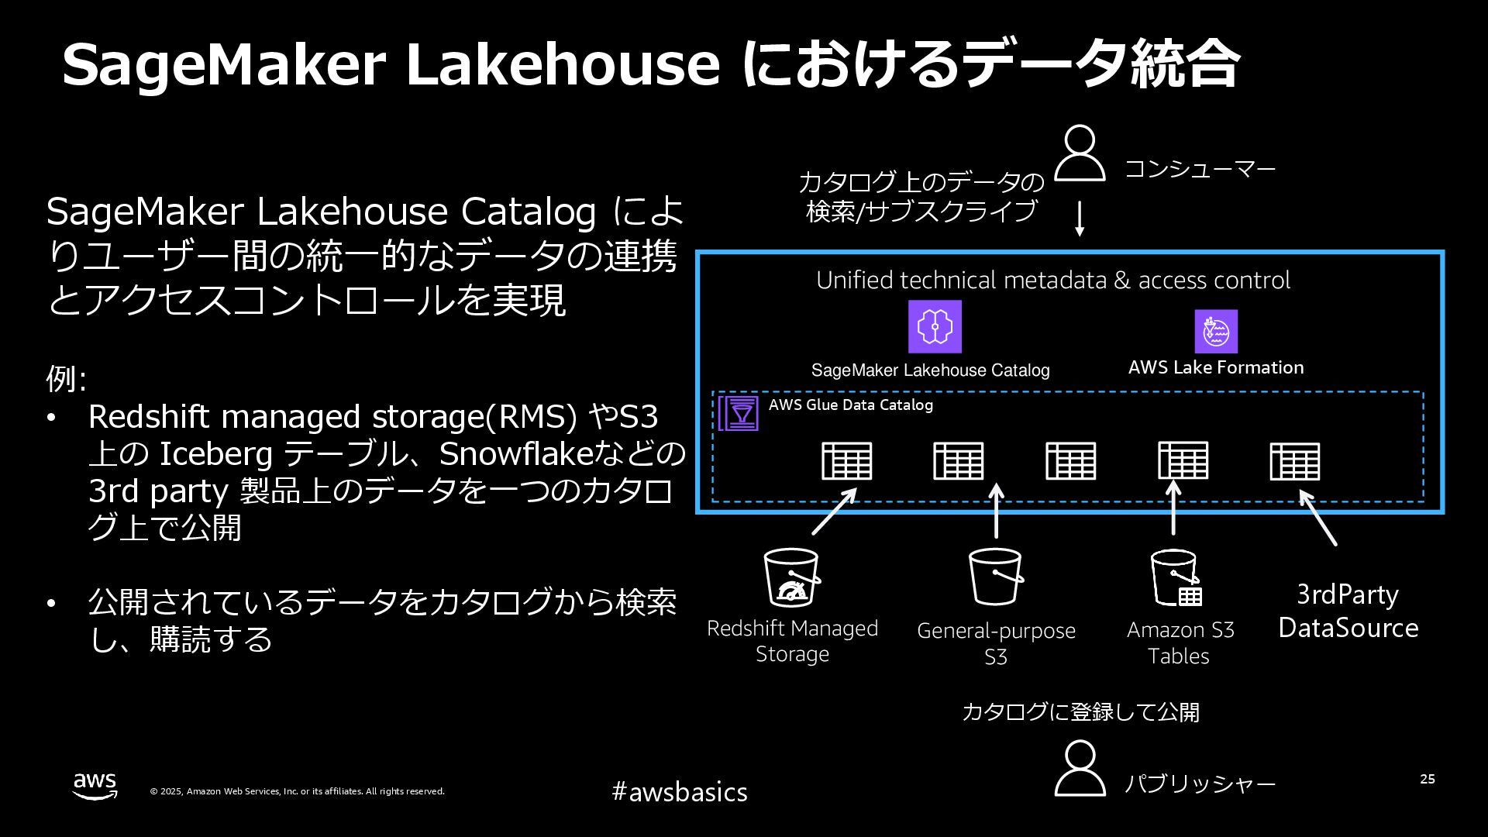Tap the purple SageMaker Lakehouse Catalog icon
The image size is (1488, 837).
pyautogui.click(x=935, y=326)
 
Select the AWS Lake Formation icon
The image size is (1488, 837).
pyautogui.click(x=1216, y=331)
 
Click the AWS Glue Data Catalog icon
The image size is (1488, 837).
pyautogui.click(x=739, y=413)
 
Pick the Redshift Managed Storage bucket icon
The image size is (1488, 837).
pyautogui.click(x=791, y=578)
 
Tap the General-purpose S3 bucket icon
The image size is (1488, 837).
pyautogui.click(x=996, y=577)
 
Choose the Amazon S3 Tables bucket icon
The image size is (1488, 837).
pyautogui.click(x=1176, y=578)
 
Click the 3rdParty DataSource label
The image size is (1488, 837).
pyautogui.click(x=1348, y=611)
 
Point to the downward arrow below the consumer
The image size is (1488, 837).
pyautogui.click(x=1080, y=219)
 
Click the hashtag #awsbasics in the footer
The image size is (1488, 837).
pyautogui.click(x=680, y=791)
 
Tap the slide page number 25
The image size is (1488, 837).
pyautogui.click(x=1427, y=779)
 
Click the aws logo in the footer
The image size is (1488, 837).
pyautogui.click(x=95, y=785)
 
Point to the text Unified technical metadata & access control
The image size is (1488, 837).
pyautogui.click(x=1052, y=280)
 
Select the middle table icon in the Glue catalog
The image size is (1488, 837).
pyautogui.click(x=1070, y=461)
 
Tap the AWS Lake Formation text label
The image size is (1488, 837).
pyautogui.click(x=1215, y=367)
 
